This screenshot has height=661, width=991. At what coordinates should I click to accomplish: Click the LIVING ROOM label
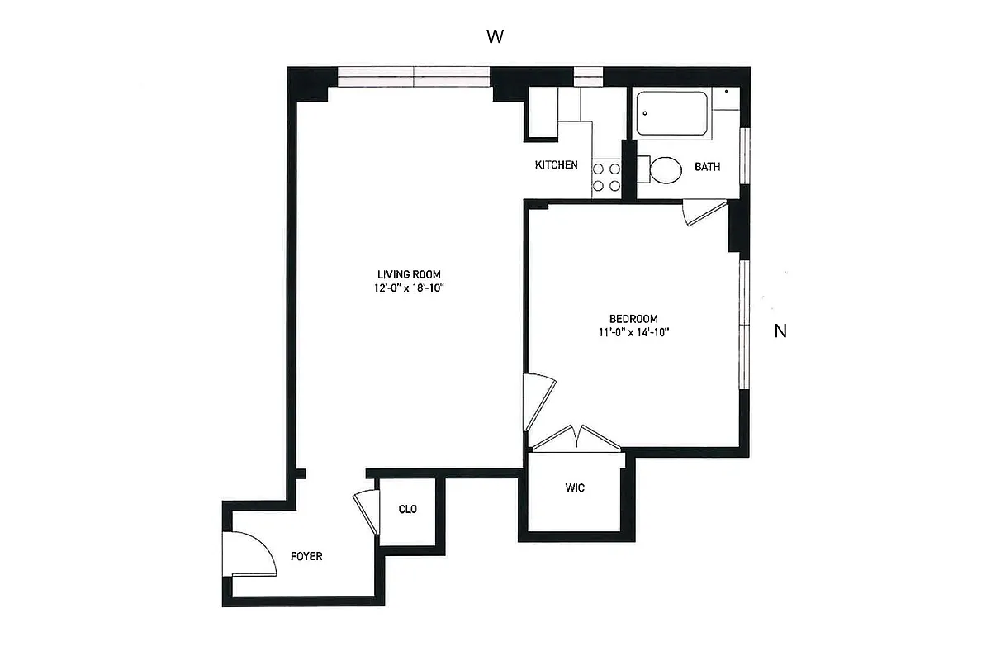pos(409,274)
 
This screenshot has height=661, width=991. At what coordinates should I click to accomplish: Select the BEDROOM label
pos(633,319)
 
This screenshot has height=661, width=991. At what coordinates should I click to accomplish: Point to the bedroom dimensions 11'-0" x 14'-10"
pos(633,333)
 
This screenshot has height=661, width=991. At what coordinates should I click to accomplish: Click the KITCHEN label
pos(556,165)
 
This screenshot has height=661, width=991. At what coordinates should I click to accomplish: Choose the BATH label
pos(707,167)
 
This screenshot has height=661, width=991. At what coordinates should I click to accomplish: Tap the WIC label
pos(576,488)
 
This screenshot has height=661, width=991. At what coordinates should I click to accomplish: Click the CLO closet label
pos(408,510)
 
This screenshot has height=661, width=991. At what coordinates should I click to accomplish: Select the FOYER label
pos(306,557)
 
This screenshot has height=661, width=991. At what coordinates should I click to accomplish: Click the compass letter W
pos(495,36)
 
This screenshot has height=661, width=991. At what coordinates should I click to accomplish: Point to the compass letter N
pos(780,332)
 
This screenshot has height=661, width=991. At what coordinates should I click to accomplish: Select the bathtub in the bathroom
pos(672,114)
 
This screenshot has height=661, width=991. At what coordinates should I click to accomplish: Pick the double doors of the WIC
pos(576,438)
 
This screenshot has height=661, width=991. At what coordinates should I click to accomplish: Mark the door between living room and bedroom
pos(538,400)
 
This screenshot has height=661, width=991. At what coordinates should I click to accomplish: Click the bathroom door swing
pos(702,212)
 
